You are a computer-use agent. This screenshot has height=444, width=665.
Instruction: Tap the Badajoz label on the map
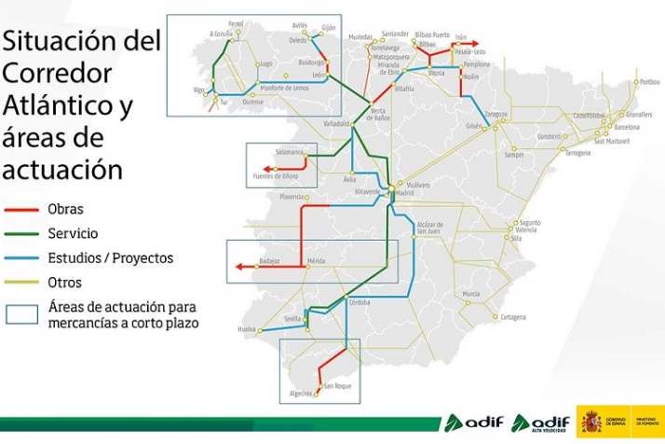click(x=270, y=261)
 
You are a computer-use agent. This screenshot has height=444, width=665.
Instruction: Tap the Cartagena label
click(x=513, y=317)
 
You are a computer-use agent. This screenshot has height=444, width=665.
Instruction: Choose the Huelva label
click(x=247, y=330)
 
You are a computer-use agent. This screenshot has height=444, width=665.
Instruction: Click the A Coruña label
click(x=221, y=33)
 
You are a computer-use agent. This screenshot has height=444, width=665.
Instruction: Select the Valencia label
click(x=524, y=229)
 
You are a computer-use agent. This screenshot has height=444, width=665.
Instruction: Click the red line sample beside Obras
click(x=20, y=210)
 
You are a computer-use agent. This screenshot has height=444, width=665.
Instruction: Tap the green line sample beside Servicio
click(x=20, y=233)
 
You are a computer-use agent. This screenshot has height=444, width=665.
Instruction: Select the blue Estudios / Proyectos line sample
click(x=20, y=257)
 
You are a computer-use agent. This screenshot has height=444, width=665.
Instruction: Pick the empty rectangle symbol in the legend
click(x=20, y=313)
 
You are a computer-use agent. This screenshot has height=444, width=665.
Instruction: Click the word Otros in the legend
click(x=65, y=282)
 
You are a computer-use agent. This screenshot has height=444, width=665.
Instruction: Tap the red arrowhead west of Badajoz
click(x=239, y=267)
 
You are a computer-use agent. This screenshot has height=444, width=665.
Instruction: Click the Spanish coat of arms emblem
click(x=590, y=423)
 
